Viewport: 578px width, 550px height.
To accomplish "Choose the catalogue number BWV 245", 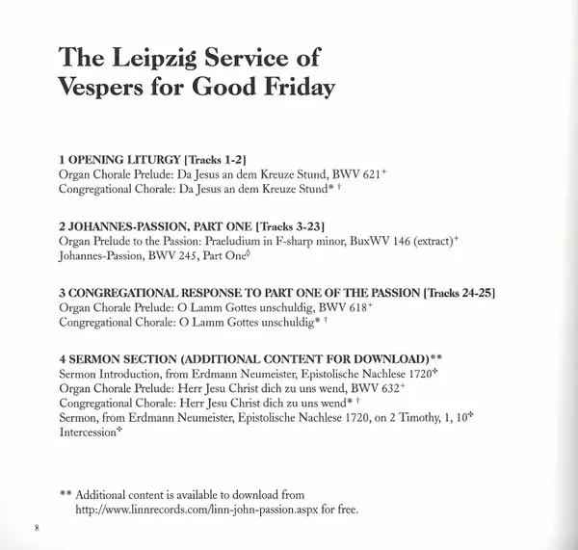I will click(x=182, y=258).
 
